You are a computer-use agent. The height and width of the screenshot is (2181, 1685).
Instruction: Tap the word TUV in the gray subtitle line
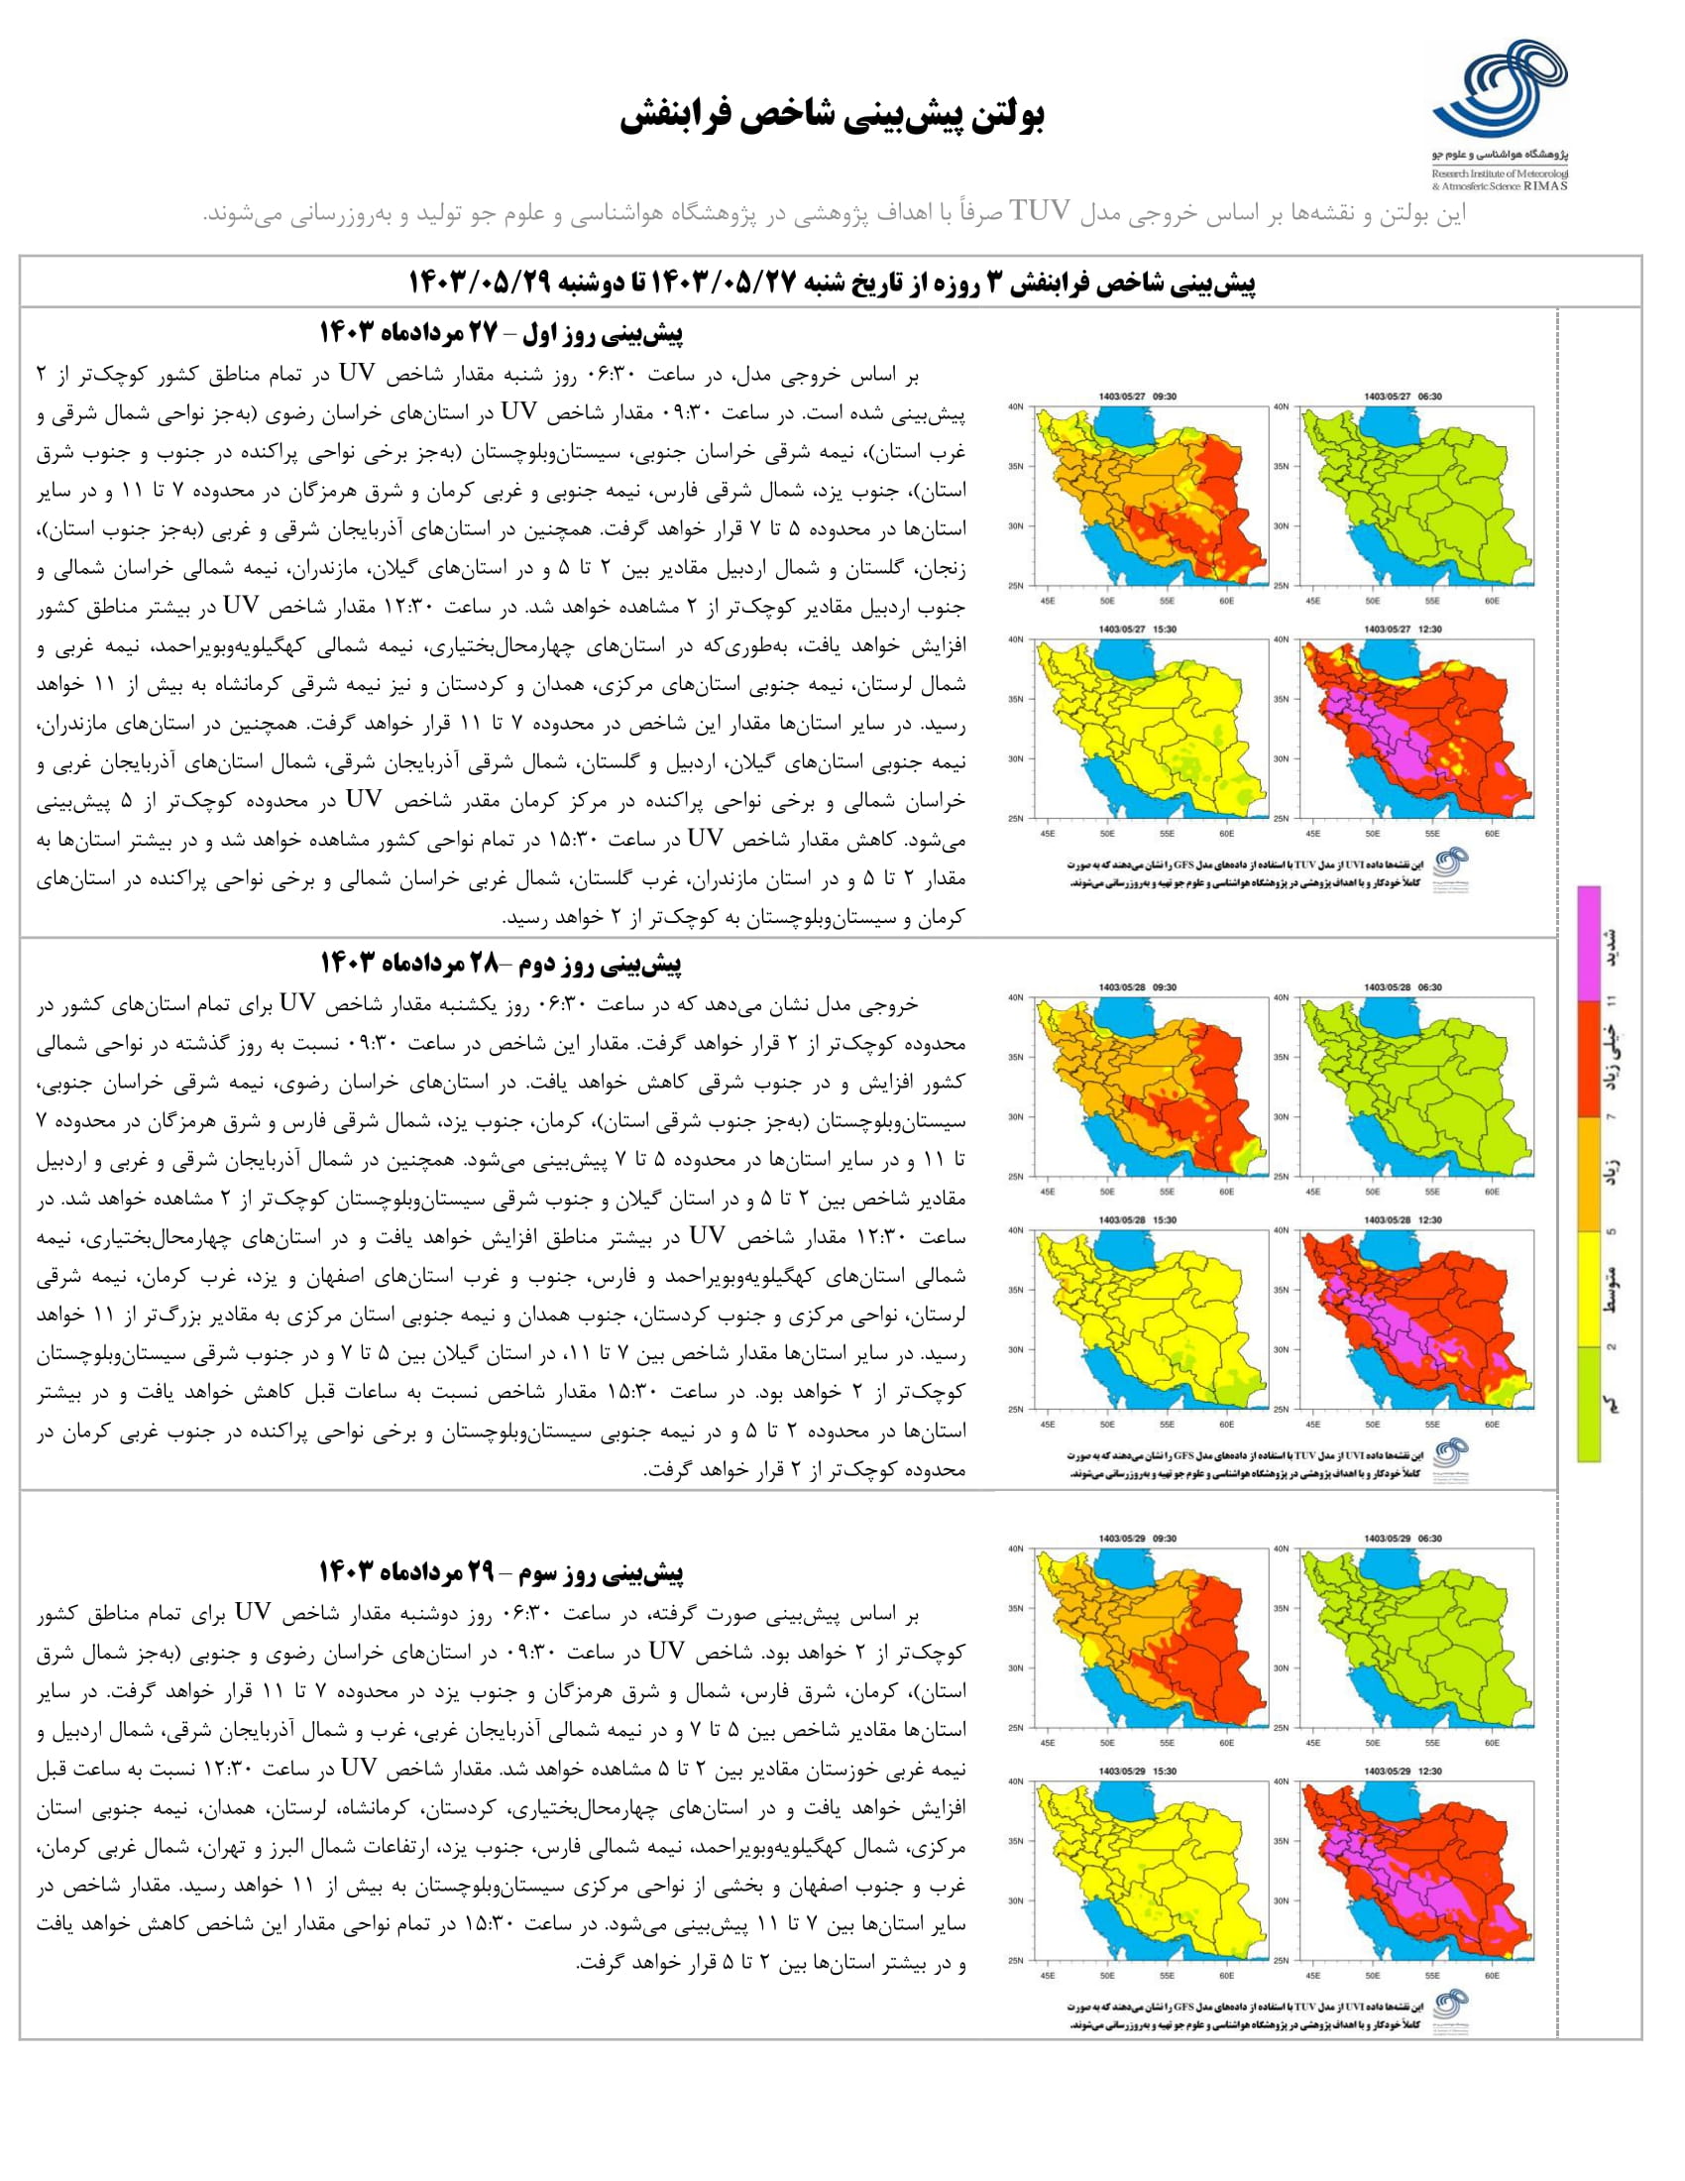tap(1041, 212)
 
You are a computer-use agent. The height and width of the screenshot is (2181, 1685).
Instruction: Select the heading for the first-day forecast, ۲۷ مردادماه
tap(502, 333)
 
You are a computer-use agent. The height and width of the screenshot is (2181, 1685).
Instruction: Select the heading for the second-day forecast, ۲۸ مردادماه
tap(502, 964)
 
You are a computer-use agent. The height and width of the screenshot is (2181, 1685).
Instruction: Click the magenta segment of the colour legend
tap(1589, 944)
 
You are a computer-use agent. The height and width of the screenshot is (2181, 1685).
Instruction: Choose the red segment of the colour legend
tap(1589, 1059)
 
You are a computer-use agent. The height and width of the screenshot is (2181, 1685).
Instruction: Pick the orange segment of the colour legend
tap(1589, 1174)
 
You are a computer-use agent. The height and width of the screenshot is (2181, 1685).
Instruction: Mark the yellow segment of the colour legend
tap(1589, 1289)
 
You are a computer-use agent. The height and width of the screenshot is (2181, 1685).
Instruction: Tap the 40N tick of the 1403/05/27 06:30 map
tap(1282, 406)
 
